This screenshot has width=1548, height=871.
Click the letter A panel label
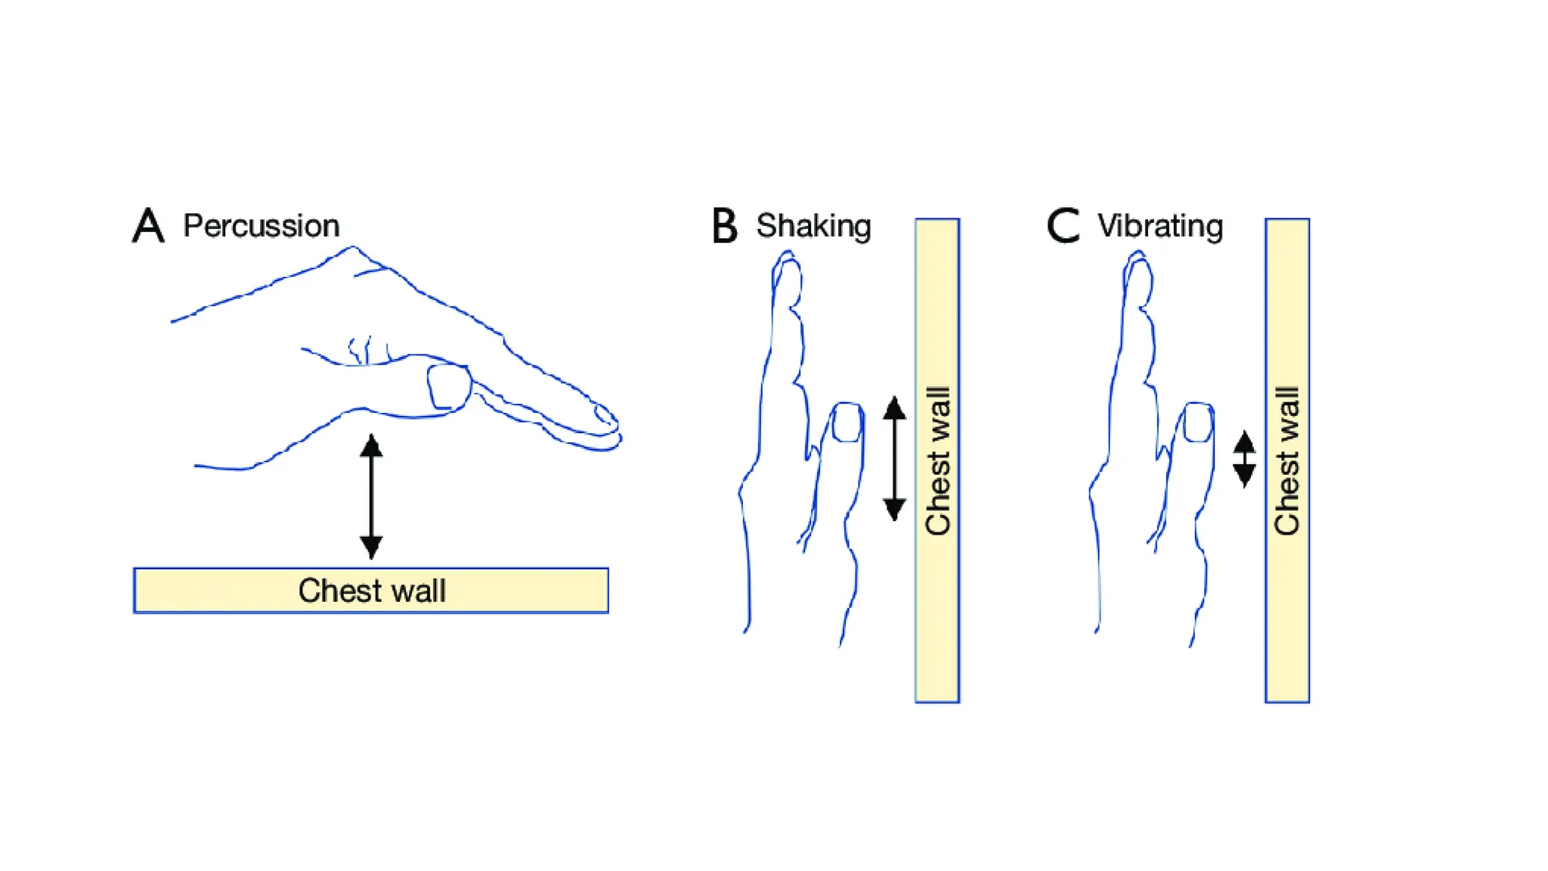(148, 225)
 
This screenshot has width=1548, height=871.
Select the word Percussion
(261, 226)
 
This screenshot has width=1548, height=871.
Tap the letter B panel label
(724, 225)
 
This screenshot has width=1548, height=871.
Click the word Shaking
(813, 226)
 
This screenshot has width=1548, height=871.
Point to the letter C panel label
(1063, 225)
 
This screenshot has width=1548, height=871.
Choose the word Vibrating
(1160, 226)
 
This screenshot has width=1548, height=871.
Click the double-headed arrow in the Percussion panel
(371, 496)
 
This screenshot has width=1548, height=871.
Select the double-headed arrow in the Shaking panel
(894, 458)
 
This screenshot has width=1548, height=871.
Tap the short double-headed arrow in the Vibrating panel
(1244, 459)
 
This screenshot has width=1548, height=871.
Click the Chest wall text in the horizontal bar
(372, 590)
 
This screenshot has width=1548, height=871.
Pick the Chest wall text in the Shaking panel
(937, 460)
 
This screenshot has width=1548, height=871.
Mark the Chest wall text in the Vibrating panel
(1287, 460)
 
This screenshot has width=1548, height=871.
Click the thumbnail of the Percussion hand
(449, 386)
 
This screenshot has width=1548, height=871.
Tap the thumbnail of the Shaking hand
(847, 422)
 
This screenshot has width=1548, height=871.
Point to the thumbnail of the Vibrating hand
(1198, 422)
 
